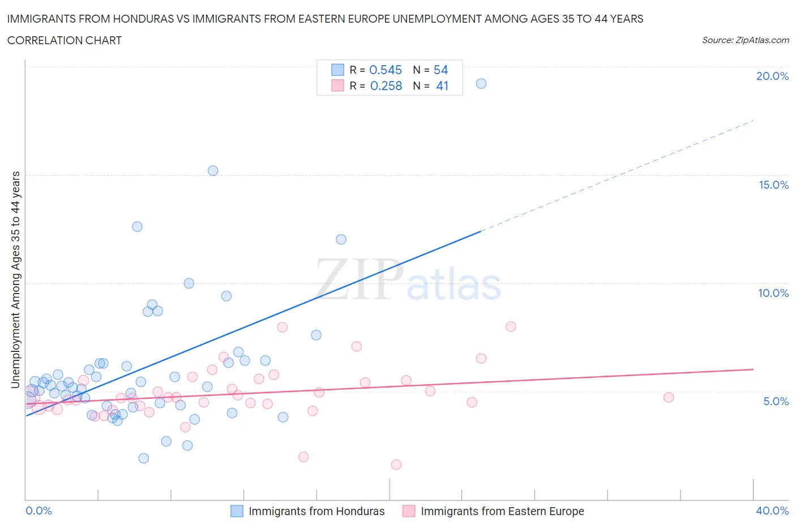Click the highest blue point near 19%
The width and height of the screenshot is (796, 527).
tap(481, 83)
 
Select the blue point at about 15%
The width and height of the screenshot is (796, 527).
tap(213, 171)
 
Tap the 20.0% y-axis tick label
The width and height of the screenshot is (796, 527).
tap(772, 76)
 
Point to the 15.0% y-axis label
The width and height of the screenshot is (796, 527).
tap(773, 185)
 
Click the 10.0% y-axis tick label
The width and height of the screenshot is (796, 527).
tap(773, 293)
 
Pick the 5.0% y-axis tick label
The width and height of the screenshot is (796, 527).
tap(776, 401)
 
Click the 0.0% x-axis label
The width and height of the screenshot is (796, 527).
tap(38, 511)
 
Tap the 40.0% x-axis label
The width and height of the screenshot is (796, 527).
tap(772, 511)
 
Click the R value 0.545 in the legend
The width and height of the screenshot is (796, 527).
tap(386, 70)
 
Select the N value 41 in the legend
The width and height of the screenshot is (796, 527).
tap(442, 86)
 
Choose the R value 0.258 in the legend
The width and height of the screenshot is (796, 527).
tap(386, 86)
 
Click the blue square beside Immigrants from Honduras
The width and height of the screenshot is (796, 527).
tap(237, 511)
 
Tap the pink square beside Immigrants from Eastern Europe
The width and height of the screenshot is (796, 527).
tap(409, 511)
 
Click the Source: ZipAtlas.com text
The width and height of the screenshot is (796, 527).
tap(745, 40)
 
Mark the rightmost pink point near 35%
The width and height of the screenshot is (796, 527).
tap(669, 397)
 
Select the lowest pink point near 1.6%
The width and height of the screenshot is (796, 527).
tap(396, 465)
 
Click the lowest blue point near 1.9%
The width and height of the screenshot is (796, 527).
tap(144, 458)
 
